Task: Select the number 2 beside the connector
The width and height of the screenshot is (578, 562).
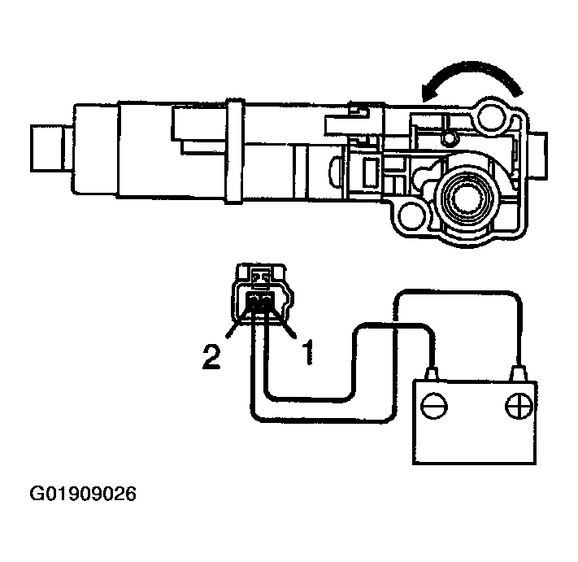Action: pyautogui.click(x=211, y=359)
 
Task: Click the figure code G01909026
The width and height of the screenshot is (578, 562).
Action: pyautogui.click(x=84, y=494)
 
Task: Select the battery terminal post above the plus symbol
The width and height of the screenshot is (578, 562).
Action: pyautogui.click(x=516, y=374)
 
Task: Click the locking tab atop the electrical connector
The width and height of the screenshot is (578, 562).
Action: pyautogui.click(x=260, y=276)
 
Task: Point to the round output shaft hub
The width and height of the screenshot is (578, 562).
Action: pyautogui.click(x=464, y=197)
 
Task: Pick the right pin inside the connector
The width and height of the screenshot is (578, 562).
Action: pyautogui.click(x=266, y=304)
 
